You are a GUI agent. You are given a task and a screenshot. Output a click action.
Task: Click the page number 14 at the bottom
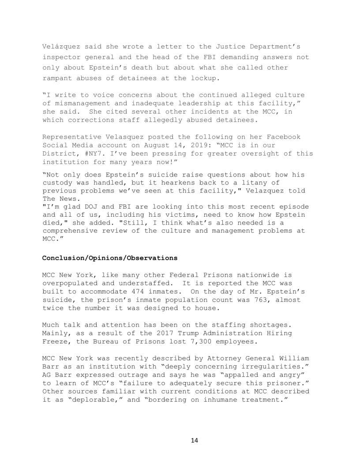pos(195,440)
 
